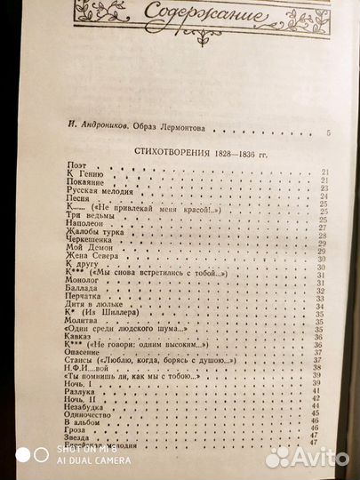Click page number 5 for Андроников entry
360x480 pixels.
pyautogui.click(x=327, y=133)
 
